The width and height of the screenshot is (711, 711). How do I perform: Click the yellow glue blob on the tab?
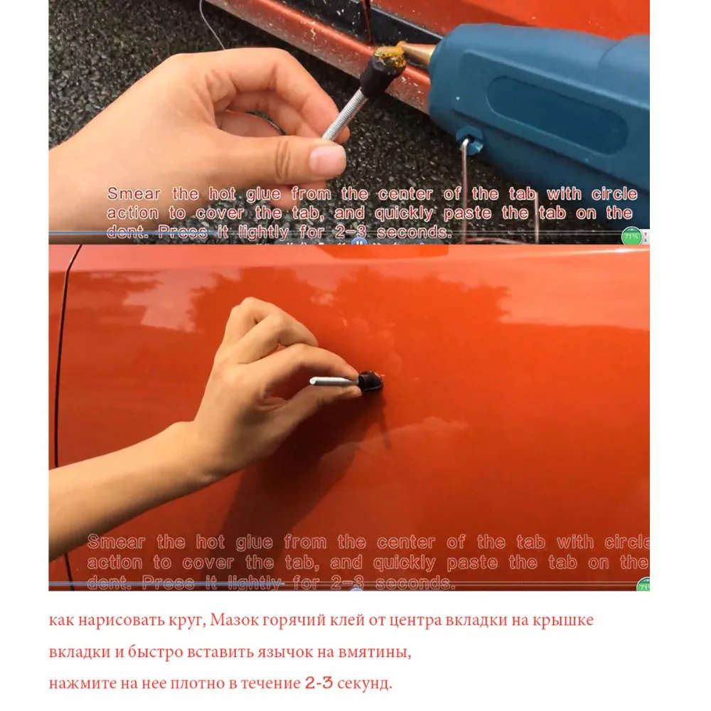click(390, 58)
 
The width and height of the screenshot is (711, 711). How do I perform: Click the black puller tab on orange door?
click(370, 382)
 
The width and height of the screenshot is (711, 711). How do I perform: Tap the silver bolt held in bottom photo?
click(333, 381)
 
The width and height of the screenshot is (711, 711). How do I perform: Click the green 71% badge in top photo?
click(631, 235)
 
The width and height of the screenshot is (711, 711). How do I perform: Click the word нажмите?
click(77, 683)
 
